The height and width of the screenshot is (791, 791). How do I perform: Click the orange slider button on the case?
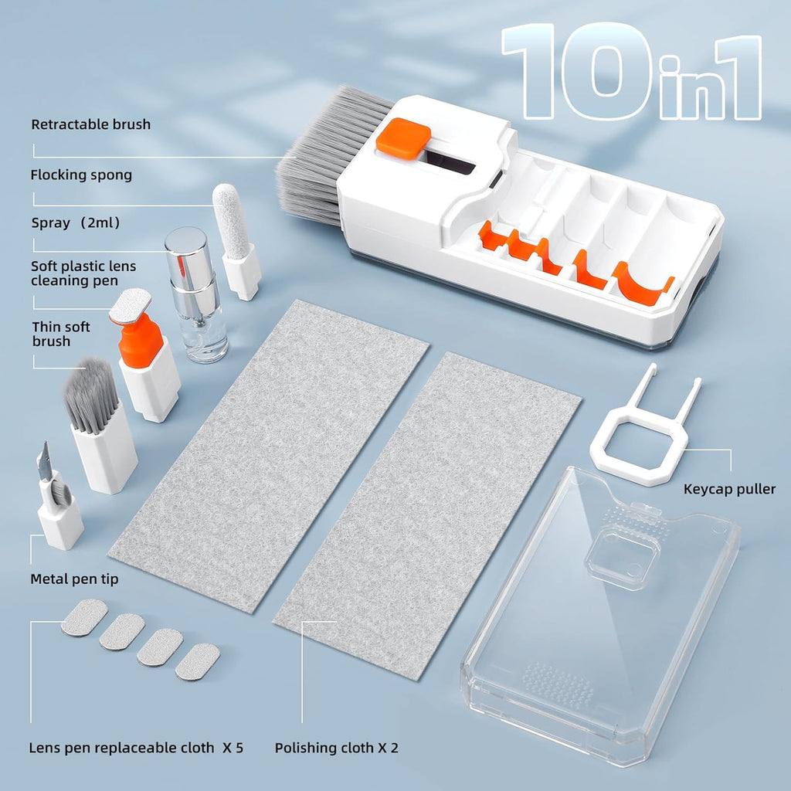click(402, 136)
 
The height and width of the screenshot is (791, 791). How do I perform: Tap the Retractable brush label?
click(90, 124)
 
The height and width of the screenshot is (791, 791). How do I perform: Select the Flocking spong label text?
click(81, 175)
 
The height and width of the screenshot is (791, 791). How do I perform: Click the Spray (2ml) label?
click(75, 223)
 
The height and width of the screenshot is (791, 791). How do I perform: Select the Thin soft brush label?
click(61, 334)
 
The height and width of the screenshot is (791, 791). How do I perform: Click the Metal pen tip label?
click(74, 579)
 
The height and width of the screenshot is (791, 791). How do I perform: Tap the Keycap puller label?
click(729, 489)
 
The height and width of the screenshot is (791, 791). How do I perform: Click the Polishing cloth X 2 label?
click(337, 748)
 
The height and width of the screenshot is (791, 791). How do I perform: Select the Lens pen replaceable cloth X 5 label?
click(136, 748)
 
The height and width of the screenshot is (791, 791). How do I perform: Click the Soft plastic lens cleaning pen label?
click(83, 273)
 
